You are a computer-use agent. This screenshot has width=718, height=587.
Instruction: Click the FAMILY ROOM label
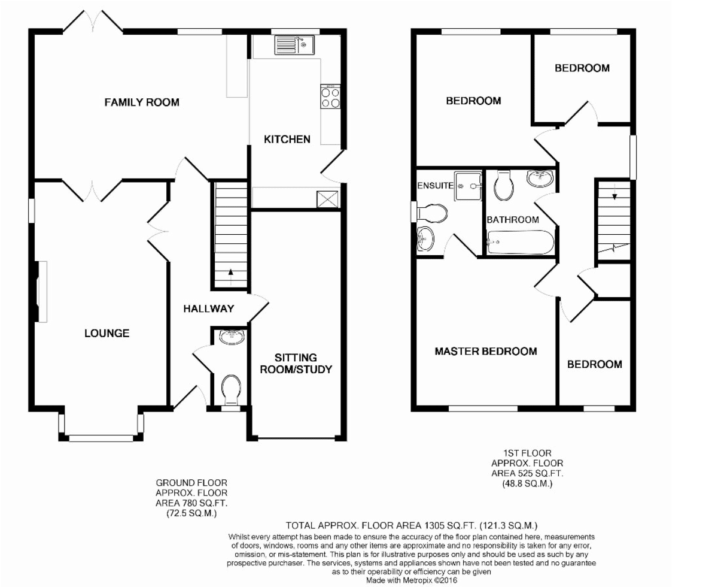pyautogui.click(x=142, y=102)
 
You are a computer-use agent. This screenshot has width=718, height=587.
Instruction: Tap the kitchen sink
pyautogui.click(x=295, y=45)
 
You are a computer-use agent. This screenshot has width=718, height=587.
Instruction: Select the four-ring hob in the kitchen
pyautogui.click(x=330, y=97)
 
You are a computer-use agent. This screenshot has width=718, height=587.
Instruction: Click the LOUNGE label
pyautogui.click(x=107, y=333)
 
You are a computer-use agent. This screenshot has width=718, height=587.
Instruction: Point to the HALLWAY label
pyautogui.click(x=209, y=308)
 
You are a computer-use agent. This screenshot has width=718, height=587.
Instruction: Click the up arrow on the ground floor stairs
pyautogui.click(x=231, y=276)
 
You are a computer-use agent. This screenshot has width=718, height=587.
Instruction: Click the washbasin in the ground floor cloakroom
pyautogui.click(x=232, y=337)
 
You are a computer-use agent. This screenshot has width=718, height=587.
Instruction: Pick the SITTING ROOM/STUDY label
pyautogui.click(x=296, y=364)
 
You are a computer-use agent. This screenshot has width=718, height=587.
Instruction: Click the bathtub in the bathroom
pyautogui.click(x=521, y=243)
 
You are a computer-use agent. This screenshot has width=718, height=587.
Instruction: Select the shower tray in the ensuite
pyautogui.click(x=468, y=186)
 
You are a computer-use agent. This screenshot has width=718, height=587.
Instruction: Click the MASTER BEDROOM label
pyautogui.click(x=486, y=351)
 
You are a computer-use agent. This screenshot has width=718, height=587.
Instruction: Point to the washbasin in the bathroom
pyautogui.click(x=540, y=178)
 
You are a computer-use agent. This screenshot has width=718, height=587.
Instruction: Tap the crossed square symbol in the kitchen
pyautogui.click(x=327, y=199)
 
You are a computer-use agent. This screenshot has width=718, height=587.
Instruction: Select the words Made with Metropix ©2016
pyautogui.click(x=412, y=580)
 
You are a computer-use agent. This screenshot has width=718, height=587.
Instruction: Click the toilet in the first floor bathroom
pyautogui.click(x=504, y=186)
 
